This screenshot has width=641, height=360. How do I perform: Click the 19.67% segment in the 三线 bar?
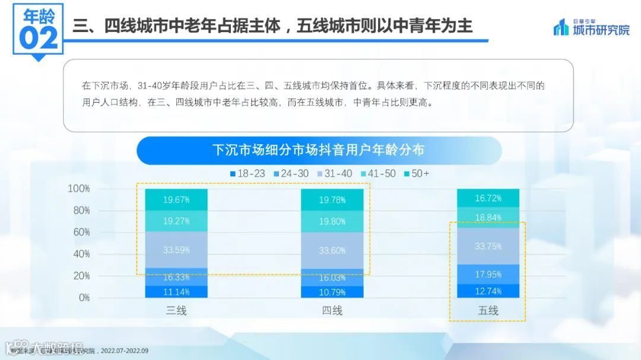pyautogui.click(x=176, y=200)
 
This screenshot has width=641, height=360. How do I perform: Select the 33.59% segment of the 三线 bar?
pyautogui.click(x=176, y=250)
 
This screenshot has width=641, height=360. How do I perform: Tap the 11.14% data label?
pyautogui.click(x=176, y=292)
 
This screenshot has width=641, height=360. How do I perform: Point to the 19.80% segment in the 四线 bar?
pyautogui.click(x=332, y=221)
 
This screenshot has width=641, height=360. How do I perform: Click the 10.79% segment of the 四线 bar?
pyautogui.click(x=332, y=292)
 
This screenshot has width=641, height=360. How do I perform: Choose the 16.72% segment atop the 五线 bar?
pyautogui.click(x=488, y=198)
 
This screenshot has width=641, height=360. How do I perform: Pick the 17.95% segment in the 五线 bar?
pyautogui.click(x=488, y=274)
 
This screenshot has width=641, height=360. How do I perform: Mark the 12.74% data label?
pyautogui.click(x=488, y=291)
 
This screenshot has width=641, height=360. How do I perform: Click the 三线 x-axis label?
pyautogui.click(x=176, y=310)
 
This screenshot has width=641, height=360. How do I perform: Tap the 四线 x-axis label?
pyautogui.click(x=332, y=310)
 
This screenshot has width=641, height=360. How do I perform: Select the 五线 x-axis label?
pyautogui.click(x=488, y=310)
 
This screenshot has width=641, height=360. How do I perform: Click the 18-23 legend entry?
pyautogui.click(x=247, y=174)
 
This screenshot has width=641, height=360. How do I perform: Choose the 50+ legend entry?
pyautogui.click(x=416, y=174)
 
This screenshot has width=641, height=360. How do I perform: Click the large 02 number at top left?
pyautogui.click(x=39, y=37)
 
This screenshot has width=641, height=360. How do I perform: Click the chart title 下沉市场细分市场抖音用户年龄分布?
pyautogui.click(x=319, y=150)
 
